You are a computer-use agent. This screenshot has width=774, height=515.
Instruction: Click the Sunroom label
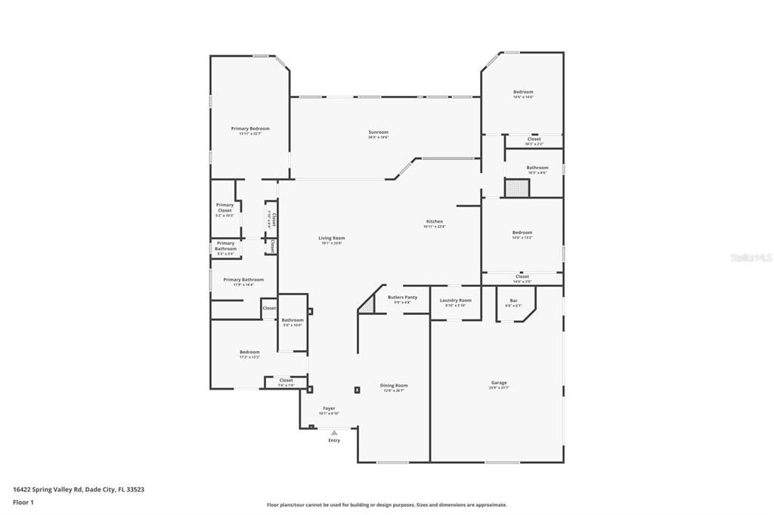click(378, 133)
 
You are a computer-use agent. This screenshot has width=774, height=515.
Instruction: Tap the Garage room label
click(498, 383)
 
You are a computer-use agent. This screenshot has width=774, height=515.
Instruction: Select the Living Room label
click(331, 239)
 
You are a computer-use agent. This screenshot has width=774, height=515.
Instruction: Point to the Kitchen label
click(434, 222)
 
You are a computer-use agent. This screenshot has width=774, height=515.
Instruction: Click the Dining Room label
click(394, 386)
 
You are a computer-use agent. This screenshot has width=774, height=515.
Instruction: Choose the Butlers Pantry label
click(402, 298)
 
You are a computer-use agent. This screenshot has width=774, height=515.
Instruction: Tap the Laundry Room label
click(455, 301)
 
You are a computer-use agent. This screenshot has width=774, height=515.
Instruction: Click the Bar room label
click(513, 301)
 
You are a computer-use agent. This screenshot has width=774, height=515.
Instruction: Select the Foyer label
click(329, 409)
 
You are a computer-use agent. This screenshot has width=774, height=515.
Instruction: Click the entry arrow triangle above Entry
click(334, 433)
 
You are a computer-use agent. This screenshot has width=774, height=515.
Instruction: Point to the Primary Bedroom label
click(250, 129)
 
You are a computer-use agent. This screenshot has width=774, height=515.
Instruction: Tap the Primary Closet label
click(224, 208)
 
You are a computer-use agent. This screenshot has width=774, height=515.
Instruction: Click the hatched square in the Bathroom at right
click(517, 188)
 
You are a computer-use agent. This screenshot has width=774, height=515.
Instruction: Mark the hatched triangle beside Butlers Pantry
click(368, 304)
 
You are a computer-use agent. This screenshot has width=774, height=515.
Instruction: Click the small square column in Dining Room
click(357, 390)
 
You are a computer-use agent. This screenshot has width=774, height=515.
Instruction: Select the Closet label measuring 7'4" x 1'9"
click(286, 381)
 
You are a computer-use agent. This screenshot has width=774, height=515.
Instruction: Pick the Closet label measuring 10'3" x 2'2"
click(534, 140)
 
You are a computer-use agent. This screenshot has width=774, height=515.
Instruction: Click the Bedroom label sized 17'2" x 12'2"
click(249, 352)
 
